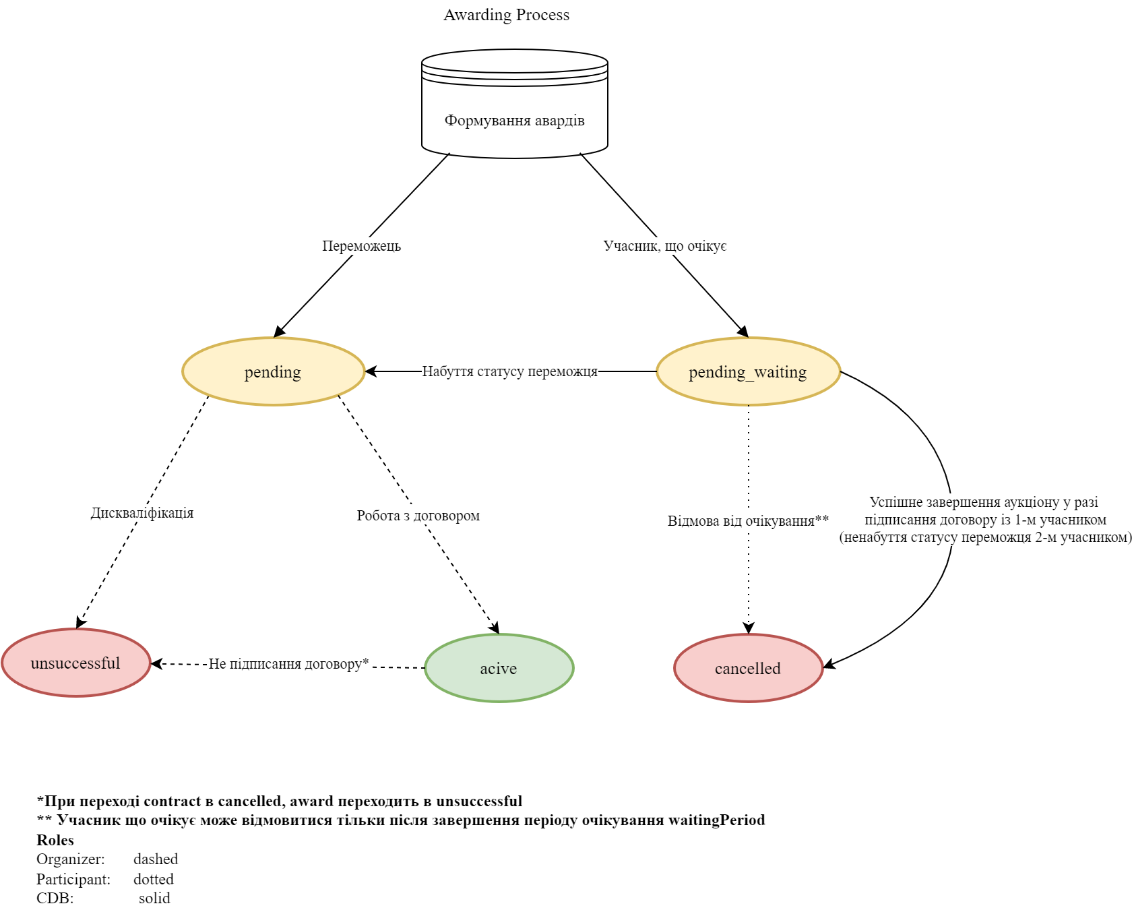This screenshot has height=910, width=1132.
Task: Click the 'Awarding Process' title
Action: coord(506,15)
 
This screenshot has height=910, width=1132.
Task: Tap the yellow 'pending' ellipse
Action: coord(273,371)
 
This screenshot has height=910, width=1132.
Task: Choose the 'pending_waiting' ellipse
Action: coord(748,371)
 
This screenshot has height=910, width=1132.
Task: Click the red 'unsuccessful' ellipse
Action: coord(75,663)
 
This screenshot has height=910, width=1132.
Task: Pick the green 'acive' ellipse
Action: coord(499,668)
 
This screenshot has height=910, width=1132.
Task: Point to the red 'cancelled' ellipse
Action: coord(748,668)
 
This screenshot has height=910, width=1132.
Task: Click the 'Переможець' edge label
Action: coord(361,246)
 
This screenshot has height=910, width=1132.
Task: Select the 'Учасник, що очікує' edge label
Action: coord(665,246)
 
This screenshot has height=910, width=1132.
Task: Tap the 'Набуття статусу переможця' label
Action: coord(510,371)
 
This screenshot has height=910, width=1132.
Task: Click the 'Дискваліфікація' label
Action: coord(142,513)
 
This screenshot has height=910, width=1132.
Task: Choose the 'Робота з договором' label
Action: coord(418,516)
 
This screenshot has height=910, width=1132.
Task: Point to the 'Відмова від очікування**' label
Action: coord(748,521)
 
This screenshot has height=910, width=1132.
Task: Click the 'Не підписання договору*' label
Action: coord(288,664)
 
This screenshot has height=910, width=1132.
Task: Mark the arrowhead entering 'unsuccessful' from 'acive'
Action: coord(156,664)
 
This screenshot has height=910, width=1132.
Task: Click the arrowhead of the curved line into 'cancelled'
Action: coord(829,665)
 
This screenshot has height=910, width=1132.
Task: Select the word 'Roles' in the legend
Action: coord(55,840)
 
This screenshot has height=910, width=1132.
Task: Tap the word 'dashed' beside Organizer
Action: coord(156,859)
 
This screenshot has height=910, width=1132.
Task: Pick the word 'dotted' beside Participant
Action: coord(154,879)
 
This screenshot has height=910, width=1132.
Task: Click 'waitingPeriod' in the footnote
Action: coord(716,820)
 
